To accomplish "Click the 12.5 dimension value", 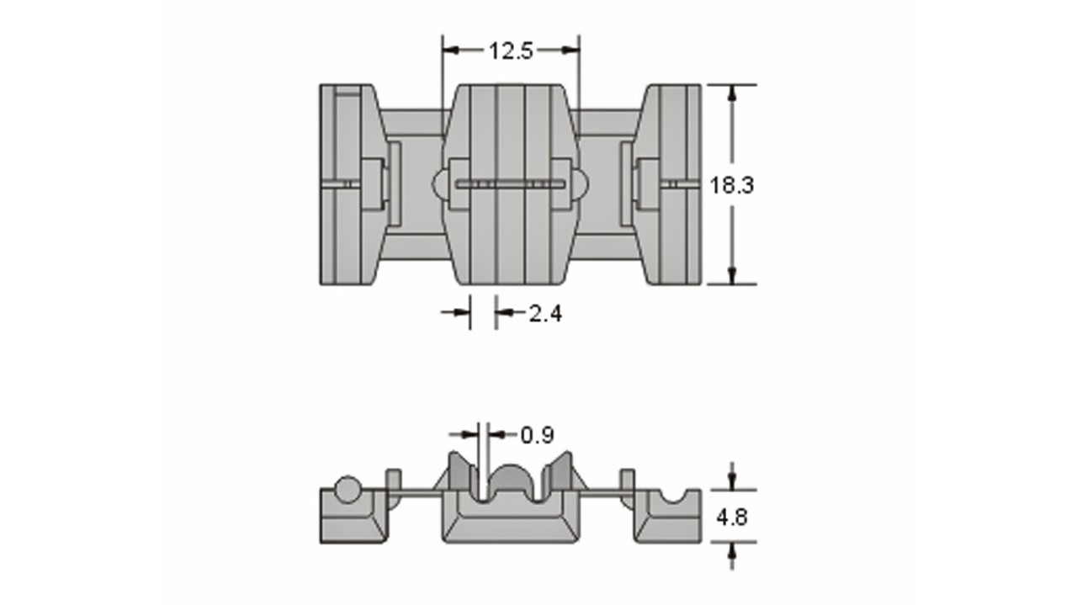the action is [511, 51].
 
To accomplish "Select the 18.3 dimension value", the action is [732, 185].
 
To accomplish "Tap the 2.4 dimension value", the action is [545, 314].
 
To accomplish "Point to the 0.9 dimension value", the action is [538, 435].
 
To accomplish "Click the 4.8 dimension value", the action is [732, 517].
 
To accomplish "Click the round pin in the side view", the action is [348, 490].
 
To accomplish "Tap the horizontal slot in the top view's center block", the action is [511, 184].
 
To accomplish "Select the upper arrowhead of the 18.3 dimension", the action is [732, 93].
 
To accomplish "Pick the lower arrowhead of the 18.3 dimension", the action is [732, 275].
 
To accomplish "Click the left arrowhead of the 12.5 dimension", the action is [450, 50].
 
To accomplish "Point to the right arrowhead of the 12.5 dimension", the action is [570, 50].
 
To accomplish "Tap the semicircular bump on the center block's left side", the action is [440, 184].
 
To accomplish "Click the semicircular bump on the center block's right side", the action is [580, 184].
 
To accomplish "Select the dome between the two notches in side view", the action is [511, 479].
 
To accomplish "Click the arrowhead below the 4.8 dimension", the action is [732, 550].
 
